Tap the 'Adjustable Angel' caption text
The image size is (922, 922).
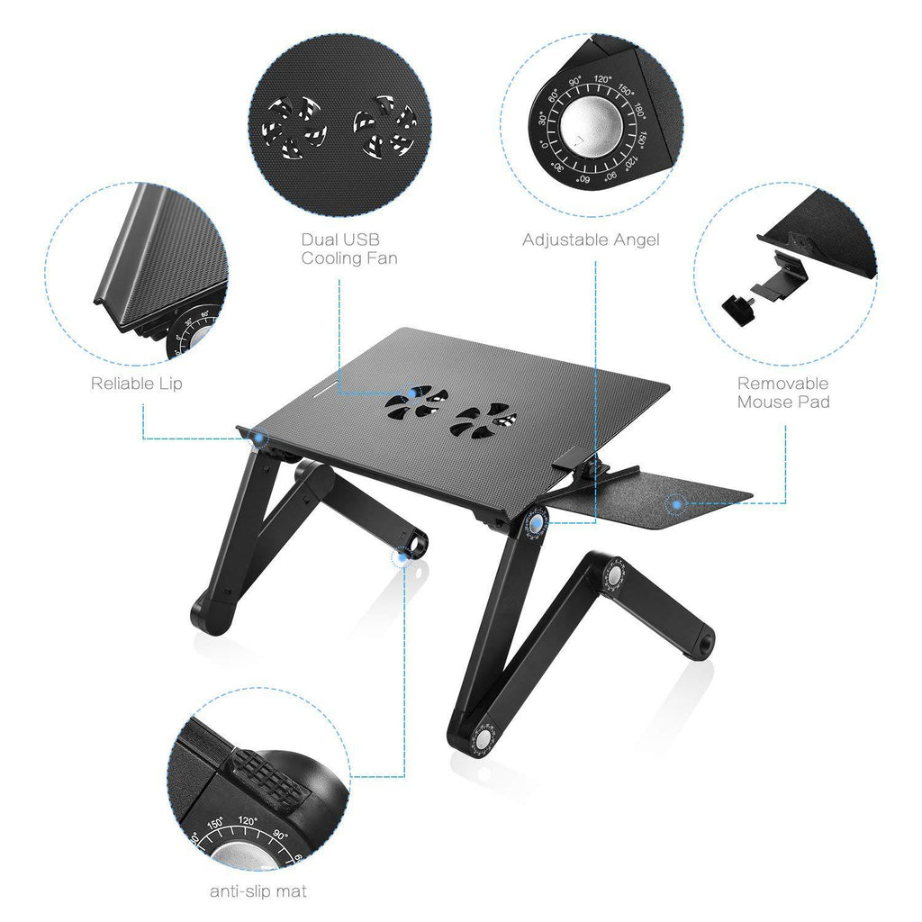pos(591,240)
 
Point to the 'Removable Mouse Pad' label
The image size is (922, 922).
pos(782,393)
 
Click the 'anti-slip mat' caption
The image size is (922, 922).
pos(258,891)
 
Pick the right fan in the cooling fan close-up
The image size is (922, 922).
pos(383,128)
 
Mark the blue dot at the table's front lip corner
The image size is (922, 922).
pos(259,438)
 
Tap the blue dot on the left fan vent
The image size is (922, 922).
pos(411,393)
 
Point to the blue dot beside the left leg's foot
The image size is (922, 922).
pos(401,558)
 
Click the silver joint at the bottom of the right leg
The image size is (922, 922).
pos(485,737)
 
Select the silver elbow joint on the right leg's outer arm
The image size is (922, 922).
pos(615,575)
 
